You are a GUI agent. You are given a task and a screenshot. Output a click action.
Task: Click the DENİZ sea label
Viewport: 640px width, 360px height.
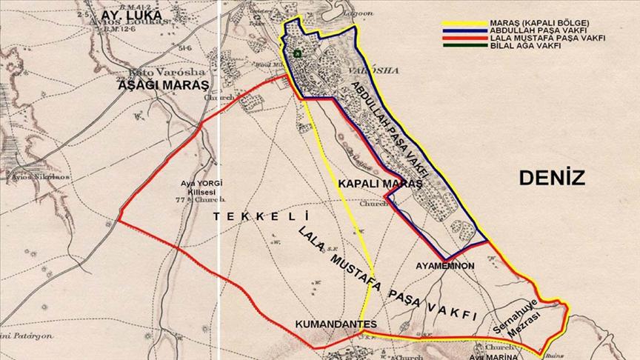(552, 178)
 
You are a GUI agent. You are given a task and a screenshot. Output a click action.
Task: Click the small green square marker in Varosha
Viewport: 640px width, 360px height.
(297, 53)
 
